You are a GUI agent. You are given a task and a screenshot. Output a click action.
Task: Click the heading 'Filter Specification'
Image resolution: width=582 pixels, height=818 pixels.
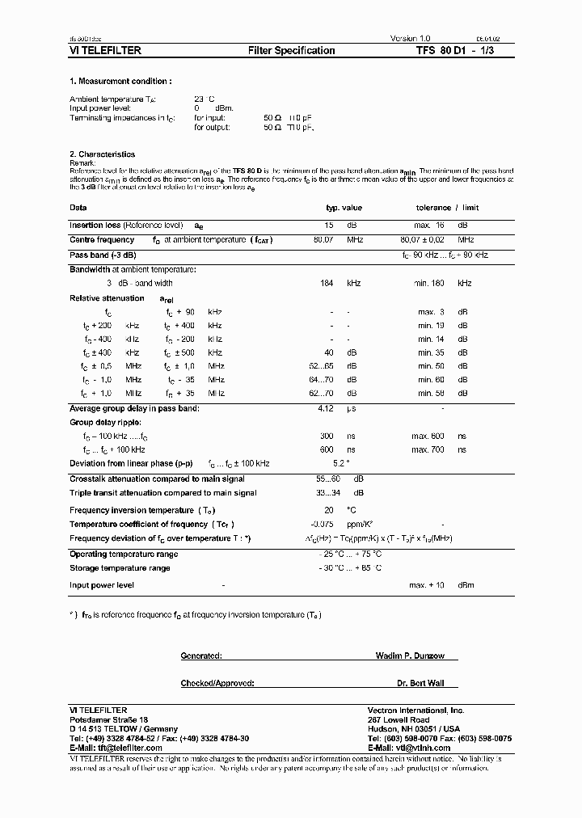tap(291, 51)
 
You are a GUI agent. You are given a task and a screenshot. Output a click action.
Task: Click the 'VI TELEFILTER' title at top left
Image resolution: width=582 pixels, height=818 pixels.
tap(106, 51)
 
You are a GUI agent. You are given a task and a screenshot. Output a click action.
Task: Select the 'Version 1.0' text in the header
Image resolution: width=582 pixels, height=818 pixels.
tap(412, 38)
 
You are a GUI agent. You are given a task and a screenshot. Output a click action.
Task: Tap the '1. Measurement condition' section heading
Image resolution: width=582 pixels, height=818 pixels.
tap(120, 82)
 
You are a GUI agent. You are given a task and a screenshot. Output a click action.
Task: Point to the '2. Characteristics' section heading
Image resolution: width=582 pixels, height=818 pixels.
tap(103, 154)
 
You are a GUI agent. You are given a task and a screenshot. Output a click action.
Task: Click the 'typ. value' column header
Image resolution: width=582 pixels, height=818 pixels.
tap(344, 208)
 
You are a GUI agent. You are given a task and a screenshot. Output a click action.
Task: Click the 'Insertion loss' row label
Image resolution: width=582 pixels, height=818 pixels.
tap(95, 225)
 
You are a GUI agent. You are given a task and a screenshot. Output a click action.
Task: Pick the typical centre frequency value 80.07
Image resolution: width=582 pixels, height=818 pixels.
tap(324, 240)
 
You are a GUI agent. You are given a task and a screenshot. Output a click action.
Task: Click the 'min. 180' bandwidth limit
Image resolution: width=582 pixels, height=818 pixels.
tap(432, 283)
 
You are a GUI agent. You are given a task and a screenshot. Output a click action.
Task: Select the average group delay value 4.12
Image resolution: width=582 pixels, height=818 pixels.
tap(326, 408)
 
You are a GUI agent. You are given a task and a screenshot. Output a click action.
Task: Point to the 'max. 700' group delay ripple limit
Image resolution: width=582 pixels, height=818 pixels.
tap(428, 449)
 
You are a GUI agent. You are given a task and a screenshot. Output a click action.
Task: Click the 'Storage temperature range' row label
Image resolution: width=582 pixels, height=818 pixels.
tap(120, 568)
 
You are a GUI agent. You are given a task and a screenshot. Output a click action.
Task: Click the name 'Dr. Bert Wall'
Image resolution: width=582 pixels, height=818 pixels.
tap(415, 683)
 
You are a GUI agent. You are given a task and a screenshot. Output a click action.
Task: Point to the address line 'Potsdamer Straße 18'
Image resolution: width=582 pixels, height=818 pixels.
tap(109, 719)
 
